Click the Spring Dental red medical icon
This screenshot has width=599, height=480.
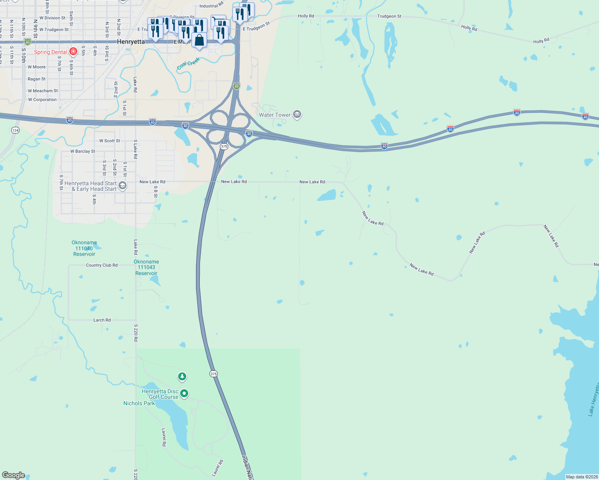73,52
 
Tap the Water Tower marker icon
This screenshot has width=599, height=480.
297,114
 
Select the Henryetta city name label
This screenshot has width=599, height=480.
131,42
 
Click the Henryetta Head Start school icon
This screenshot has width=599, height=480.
123,185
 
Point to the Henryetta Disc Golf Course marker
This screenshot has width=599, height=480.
184,394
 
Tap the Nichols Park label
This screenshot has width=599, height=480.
139,403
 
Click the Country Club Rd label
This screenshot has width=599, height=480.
102,265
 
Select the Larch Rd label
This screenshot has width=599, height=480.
102,320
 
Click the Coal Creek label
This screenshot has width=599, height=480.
188,64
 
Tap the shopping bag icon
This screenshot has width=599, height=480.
199,40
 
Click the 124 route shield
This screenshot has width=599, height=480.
15,130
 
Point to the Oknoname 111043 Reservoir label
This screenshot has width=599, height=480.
146,268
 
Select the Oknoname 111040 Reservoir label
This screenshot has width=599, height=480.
84,248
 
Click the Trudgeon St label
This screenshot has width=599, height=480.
389,16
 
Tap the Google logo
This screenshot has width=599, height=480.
13,475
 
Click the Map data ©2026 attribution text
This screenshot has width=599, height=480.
581,477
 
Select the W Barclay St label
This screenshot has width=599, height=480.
82,151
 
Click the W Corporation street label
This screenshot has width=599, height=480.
42,100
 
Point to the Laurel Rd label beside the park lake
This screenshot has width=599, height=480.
164,437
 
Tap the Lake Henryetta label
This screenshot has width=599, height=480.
594,399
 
